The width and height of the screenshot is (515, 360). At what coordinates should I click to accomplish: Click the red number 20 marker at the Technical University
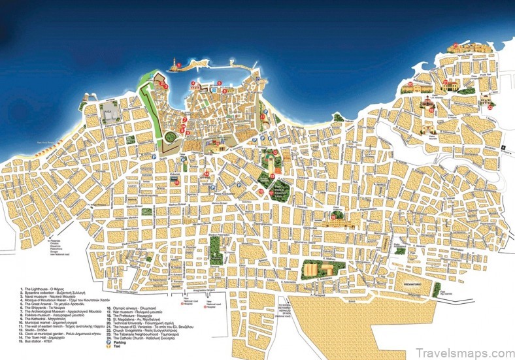410,84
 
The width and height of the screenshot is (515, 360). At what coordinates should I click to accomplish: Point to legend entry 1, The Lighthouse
46,289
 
